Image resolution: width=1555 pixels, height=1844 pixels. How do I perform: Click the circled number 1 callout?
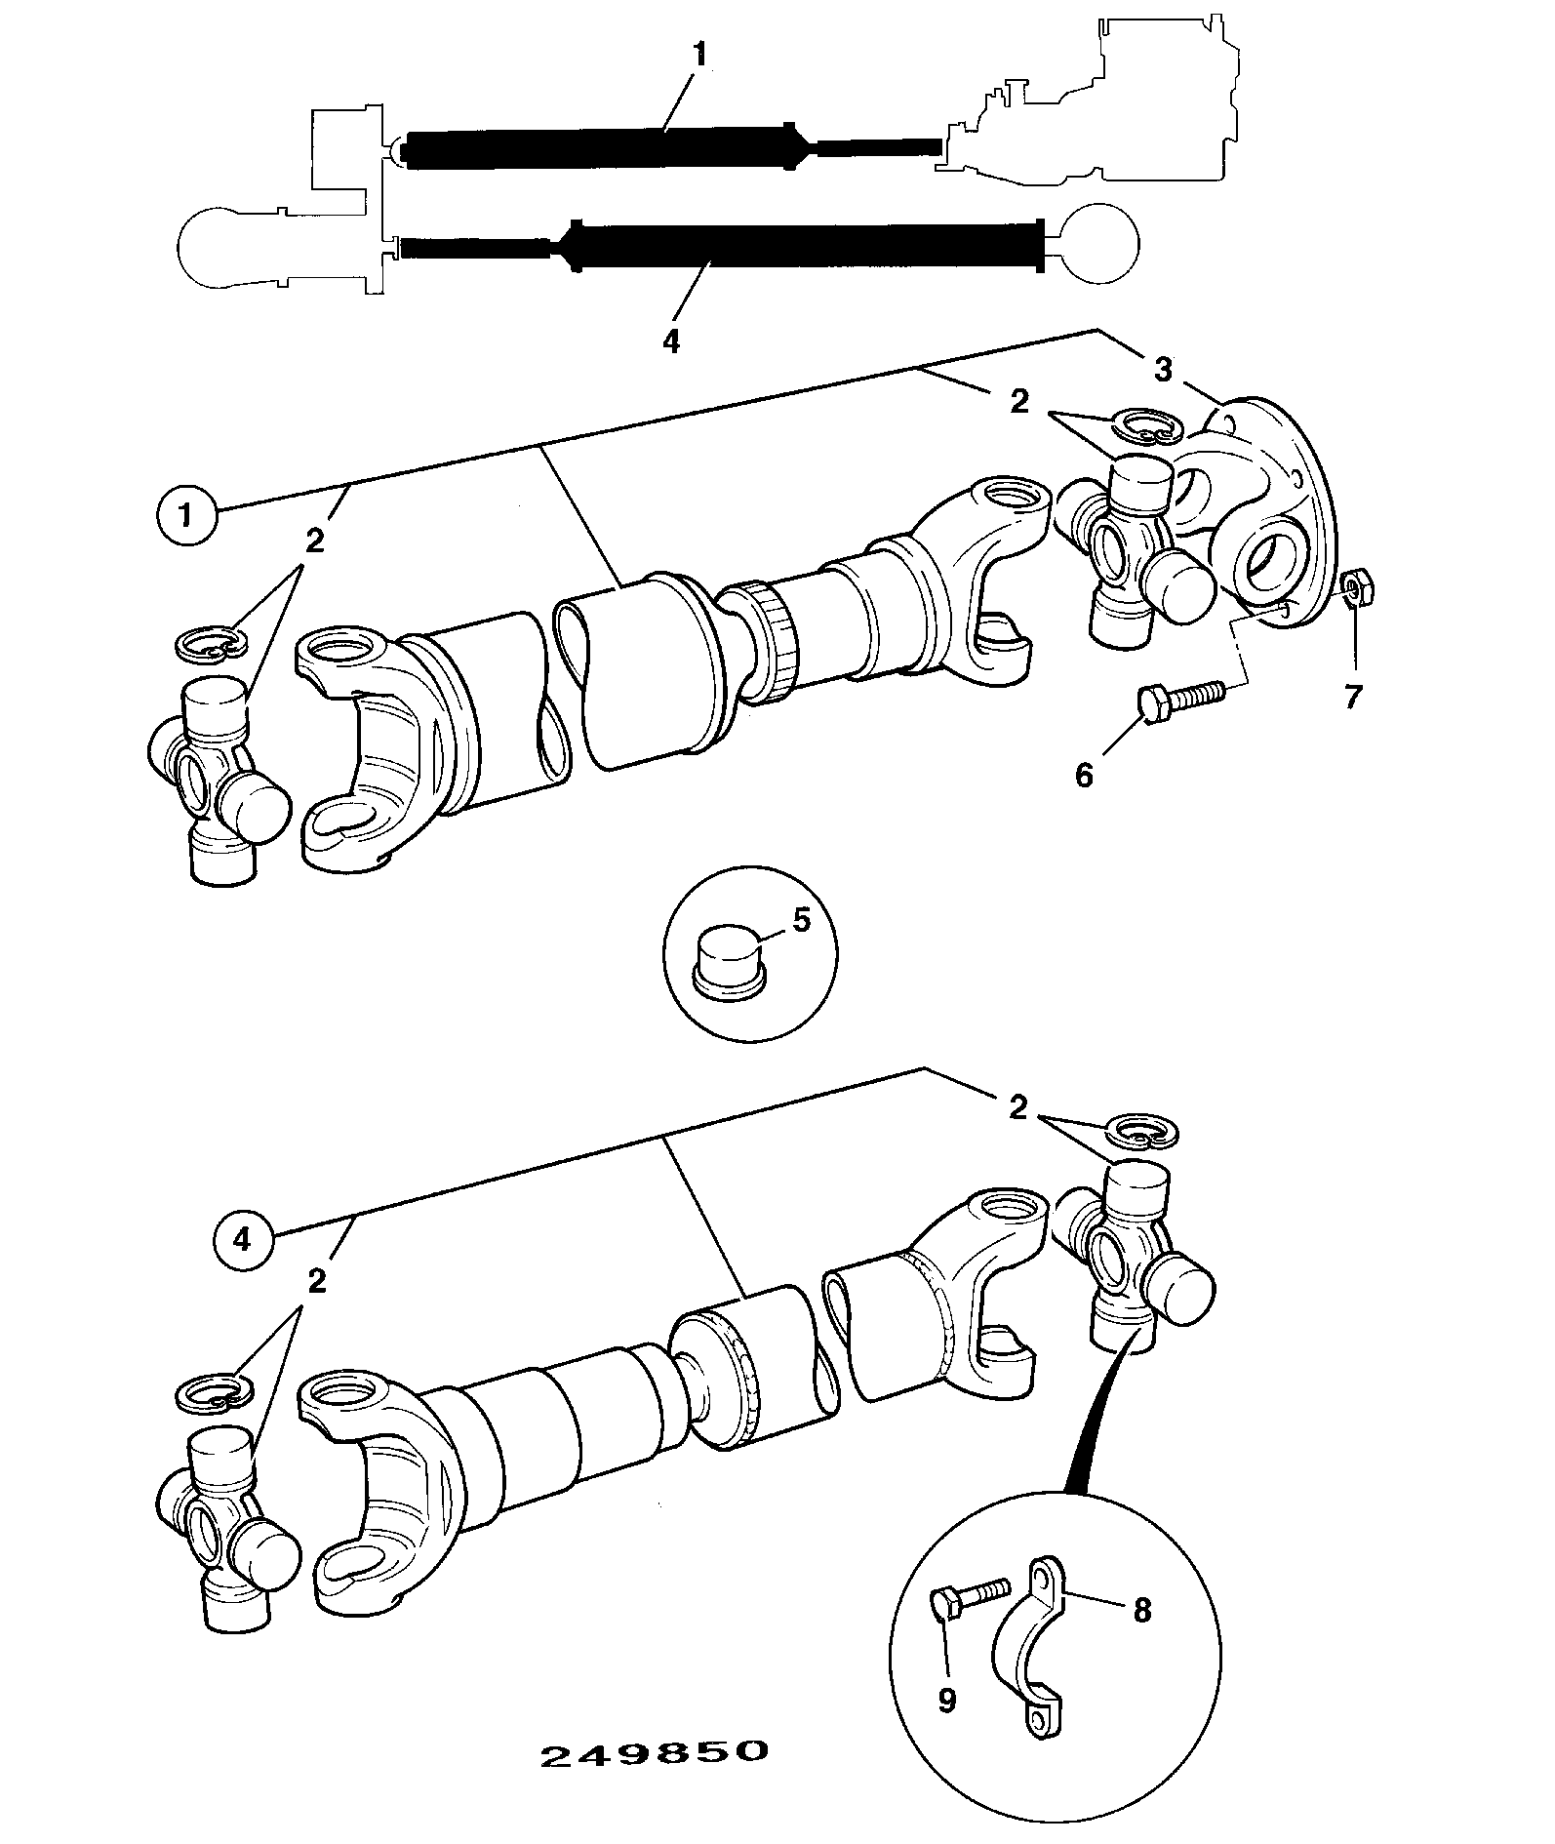(184, 516)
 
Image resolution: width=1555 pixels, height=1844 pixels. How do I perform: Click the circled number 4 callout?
(242, 1239)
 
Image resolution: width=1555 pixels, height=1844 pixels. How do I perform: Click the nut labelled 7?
(1356, 588)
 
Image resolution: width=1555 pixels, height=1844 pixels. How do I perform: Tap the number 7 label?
(1351, 698)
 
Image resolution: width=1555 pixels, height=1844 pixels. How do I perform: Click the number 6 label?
(1084, 776)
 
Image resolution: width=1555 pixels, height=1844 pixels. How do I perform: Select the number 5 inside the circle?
(801, 920)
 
